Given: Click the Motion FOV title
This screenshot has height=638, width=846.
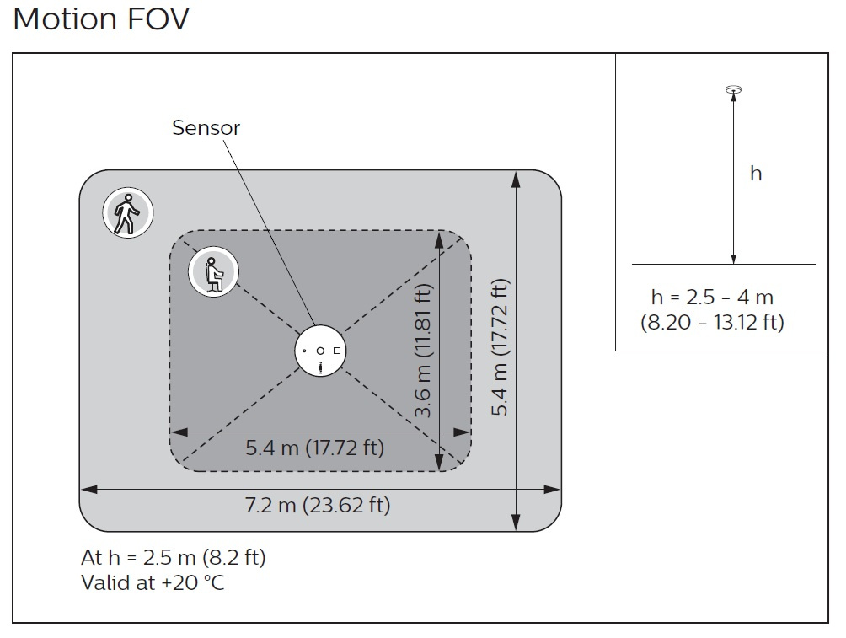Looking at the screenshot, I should [x=101, y=19].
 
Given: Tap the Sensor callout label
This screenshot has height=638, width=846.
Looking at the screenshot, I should [x=206, y=128].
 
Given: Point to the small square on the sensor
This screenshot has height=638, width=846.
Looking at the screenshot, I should [x=337, y=350].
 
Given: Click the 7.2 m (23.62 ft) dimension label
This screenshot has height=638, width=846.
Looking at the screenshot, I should [x=318, y=506].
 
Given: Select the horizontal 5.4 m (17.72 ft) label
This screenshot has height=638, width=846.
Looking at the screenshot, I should [x=314, y=448].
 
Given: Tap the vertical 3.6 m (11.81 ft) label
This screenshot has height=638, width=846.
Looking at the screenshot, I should [x=425, y=351].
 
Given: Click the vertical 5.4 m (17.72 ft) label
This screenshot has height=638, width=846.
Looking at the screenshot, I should [x=501, y=347].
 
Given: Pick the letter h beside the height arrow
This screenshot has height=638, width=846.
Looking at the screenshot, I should [x=756, y=174].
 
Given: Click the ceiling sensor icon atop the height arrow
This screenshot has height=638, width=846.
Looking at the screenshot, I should [x=733, y=89].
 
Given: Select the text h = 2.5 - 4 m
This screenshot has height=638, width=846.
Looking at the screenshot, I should [x=712, y=297].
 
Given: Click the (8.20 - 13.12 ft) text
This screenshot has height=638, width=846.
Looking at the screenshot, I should [x=712, y=322].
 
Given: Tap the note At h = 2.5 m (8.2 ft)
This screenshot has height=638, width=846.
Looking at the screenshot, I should [x=174, y=558].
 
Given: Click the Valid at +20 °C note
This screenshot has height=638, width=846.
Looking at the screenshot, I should [x=153, y=582].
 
